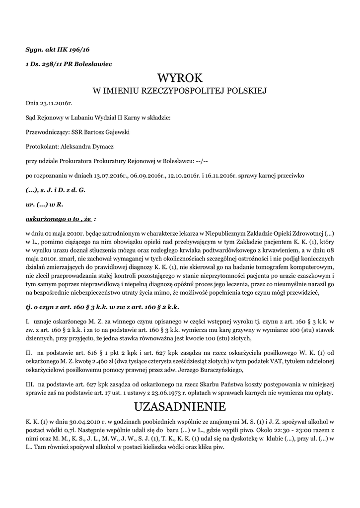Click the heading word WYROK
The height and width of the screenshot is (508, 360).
[x=180, y=78]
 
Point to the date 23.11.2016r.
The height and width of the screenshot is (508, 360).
[x=56, y=103]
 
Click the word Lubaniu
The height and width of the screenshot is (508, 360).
[x=74, y=118]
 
